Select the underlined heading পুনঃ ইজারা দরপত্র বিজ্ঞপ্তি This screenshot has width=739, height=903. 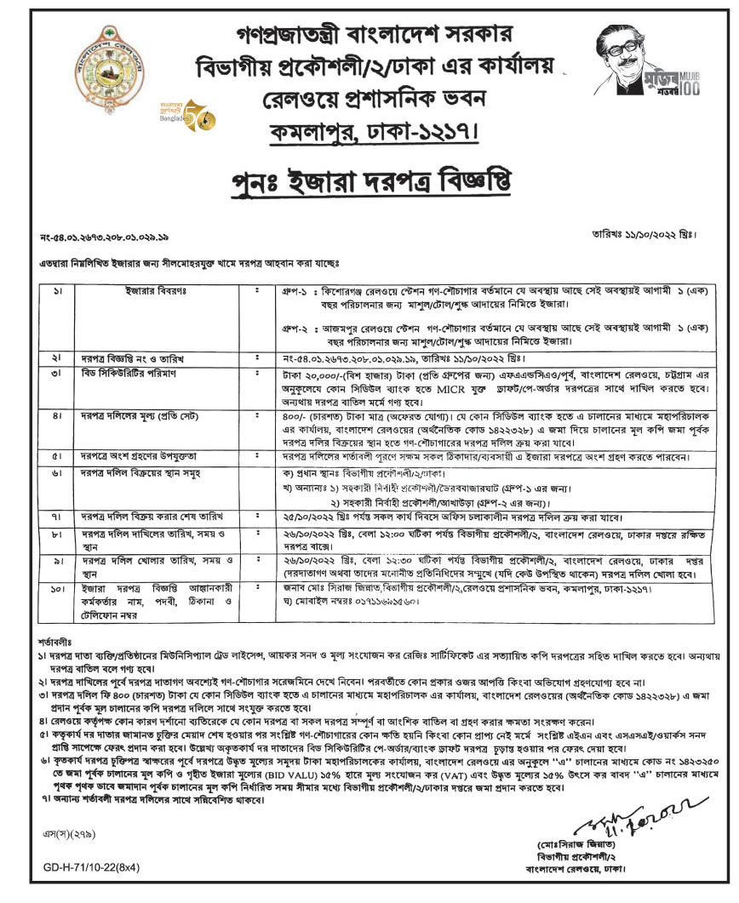(x=372, y=181)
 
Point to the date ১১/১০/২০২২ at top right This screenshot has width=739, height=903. (x=662, y=232)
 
